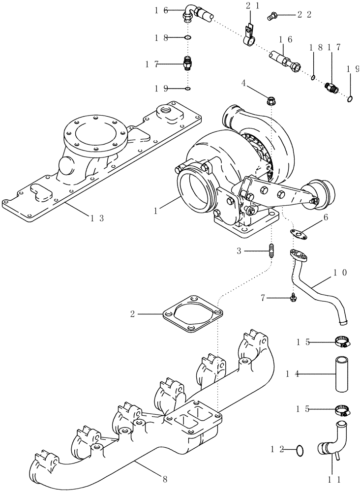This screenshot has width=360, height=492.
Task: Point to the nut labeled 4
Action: click(x=270, y=101)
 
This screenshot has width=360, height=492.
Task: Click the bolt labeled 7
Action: click(x=293, y=299)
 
